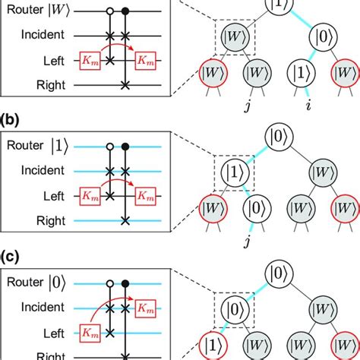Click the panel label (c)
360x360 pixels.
pos(11,256)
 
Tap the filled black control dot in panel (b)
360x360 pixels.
pos(125,147)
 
